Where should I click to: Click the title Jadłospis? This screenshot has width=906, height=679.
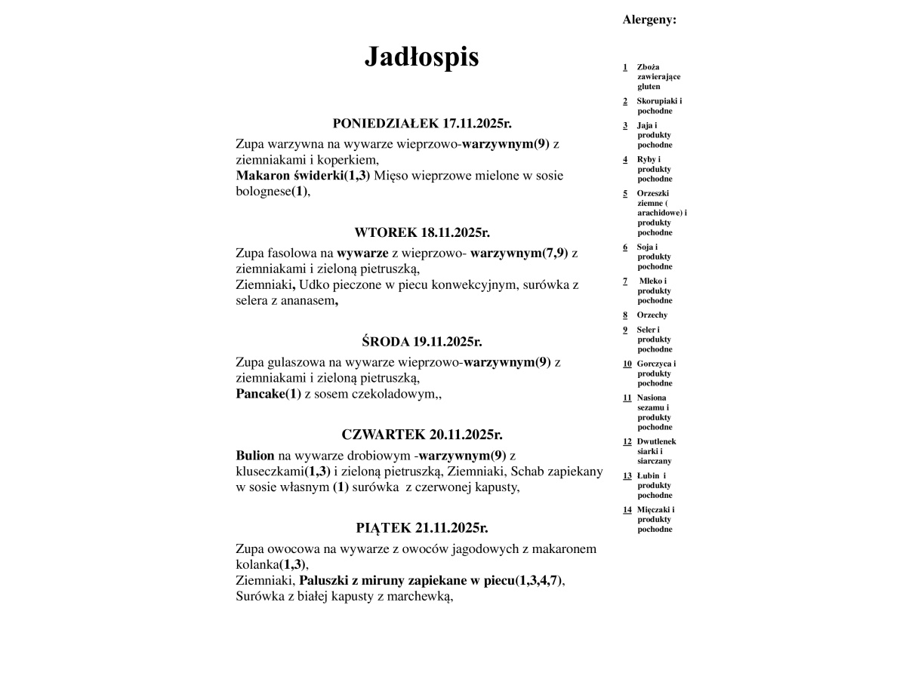tap(421, 57)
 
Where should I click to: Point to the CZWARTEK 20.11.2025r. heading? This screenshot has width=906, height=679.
tap(422, 435)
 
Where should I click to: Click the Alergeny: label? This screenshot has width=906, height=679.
tap(649, 20)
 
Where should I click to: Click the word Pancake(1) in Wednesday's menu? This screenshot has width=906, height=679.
tap(268, 394)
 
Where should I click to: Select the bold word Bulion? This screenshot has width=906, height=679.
tap(255, 456)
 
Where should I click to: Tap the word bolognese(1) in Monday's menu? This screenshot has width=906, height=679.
tap(273, 192)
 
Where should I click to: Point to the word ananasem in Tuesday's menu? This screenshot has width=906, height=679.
tap(307, 301)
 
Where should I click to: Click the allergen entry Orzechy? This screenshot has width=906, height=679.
tap(652, 315)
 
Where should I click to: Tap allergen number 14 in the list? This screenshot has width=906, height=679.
tap(627, 509)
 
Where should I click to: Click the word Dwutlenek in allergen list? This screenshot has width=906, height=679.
tap(656, 441)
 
